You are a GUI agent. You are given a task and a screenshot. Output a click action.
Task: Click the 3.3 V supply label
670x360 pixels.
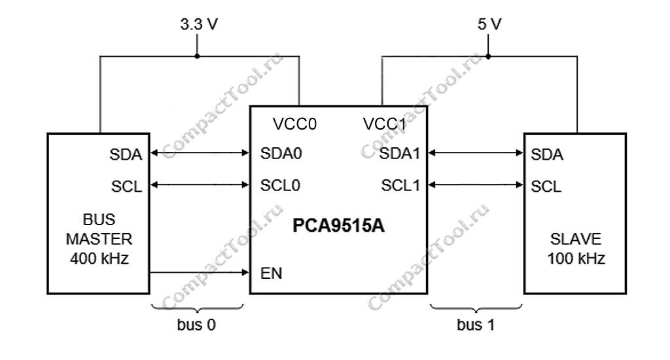(x=198, y=26)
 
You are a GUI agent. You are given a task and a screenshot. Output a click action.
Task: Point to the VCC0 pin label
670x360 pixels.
(x=294, y=124)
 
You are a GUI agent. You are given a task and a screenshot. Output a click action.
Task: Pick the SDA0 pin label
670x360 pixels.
(x=280, y=154)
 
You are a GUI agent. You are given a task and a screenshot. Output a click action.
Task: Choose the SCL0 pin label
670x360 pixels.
(x=280, y=185)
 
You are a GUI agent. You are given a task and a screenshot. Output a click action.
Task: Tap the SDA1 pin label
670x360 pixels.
(x=399, y=154)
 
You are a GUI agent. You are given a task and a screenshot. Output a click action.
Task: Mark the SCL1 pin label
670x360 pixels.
(x=400, y=185)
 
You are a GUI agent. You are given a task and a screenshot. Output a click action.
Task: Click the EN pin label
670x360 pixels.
(x=271, y=273)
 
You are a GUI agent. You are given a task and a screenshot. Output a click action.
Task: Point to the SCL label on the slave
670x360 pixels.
(x=546, y=187)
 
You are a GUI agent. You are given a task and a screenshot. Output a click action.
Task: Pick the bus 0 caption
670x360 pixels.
(x=197, y=325)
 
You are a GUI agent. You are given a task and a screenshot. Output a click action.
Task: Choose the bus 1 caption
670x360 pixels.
(x=476, y=325)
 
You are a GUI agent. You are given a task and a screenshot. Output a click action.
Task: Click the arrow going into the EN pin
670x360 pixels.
(x=200, y=272)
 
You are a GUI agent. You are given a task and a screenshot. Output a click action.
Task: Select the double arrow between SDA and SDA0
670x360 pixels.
(x=200, y=154)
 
